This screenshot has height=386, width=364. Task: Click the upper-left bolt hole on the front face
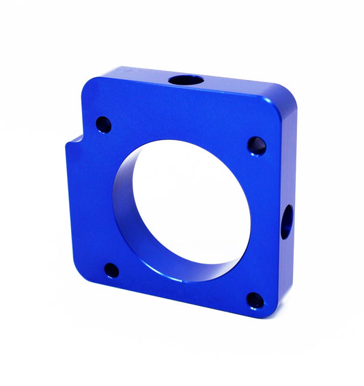103,124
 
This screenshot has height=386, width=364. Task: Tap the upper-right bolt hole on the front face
256,146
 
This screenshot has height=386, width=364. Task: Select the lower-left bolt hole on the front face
111,271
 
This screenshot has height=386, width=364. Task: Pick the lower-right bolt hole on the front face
255,301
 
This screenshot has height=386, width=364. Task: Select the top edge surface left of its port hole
137,74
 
